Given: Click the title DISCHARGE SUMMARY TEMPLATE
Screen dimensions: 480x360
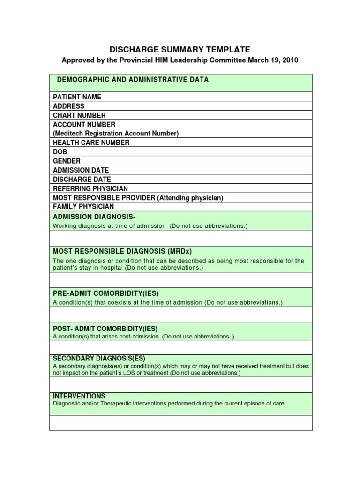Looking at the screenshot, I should (180, 50).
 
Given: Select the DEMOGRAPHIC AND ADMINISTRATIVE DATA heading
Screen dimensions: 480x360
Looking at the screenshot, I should (133, 80).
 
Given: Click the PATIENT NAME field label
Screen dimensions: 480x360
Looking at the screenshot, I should (77, 97).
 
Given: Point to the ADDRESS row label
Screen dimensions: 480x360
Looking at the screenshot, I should (69, 106).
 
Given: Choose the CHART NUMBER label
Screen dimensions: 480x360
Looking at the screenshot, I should (79, 115).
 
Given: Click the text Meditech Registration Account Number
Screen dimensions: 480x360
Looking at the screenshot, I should (116, 134).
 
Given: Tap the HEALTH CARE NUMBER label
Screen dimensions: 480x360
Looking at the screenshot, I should (91, 142).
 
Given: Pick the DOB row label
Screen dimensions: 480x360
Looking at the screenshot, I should (60, 152).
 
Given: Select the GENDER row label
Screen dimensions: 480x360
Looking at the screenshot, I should (67, 161).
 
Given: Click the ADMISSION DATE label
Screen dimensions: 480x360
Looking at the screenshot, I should (81, 170).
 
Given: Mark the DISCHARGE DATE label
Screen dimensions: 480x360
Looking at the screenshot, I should (82, 180).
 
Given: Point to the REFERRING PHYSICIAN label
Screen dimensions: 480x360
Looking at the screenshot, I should (90, 188).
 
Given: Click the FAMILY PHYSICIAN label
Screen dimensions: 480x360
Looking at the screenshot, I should (83, 207).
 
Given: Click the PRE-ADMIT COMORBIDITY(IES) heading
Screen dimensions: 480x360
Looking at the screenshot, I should (103, 293).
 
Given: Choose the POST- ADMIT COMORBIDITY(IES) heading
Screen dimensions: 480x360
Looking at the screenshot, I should (105, 328).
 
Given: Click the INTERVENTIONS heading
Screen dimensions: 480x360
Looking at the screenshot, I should (79, 396).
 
